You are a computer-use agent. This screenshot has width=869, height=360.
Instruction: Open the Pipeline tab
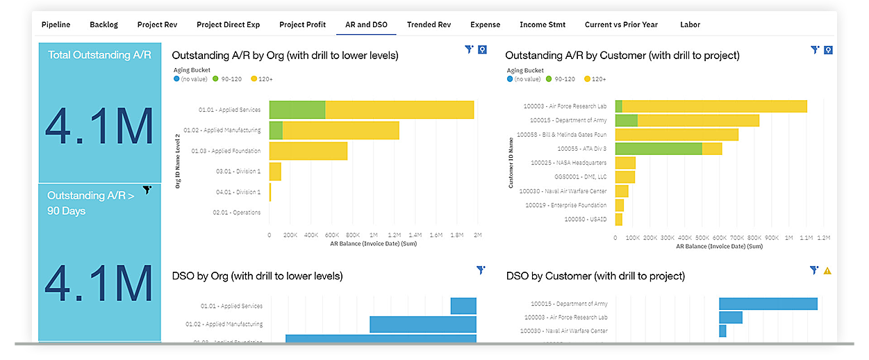[56, 24]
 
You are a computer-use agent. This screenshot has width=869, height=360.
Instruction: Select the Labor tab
[690, 24]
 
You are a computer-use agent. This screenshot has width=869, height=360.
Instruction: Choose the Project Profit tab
[302, 24]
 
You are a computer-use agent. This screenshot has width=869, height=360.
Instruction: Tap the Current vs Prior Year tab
[621, 24]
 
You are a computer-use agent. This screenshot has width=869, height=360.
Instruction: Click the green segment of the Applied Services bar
[297, 110]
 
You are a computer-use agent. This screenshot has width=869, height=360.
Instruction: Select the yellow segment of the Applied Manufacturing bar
[340, 131]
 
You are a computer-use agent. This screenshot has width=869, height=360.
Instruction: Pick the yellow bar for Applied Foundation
[308, 151]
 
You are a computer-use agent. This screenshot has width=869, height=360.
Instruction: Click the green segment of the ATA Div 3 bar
[659, 149]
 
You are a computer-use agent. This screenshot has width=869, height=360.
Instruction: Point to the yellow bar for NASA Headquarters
[625, 163]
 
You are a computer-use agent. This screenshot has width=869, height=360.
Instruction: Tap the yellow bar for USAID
[619, 220]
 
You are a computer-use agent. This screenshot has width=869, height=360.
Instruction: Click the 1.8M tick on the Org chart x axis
[456, 236]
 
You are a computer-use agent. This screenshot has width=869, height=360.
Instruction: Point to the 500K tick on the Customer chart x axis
[702, 238]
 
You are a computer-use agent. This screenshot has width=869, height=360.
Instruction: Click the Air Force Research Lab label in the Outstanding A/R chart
[568, 106]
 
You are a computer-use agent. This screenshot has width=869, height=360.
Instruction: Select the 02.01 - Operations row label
[237, 213]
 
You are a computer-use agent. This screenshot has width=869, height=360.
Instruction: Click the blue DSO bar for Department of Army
[768, 304]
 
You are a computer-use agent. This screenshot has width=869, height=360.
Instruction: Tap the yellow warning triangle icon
[827, 270]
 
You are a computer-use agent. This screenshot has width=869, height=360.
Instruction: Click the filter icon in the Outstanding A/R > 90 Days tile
[147, 190]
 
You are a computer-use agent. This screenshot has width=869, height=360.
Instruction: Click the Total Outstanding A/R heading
[99, 54]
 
